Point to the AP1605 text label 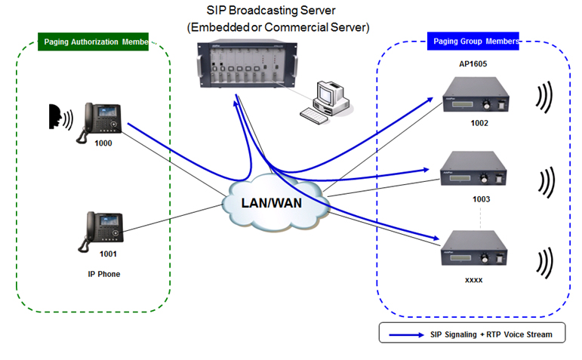(x=473, y=64)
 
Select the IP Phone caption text (x=104, y=274)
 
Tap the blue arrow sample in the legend (x=406, y=333)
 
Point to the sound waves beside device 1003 (x=545, y=181)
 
